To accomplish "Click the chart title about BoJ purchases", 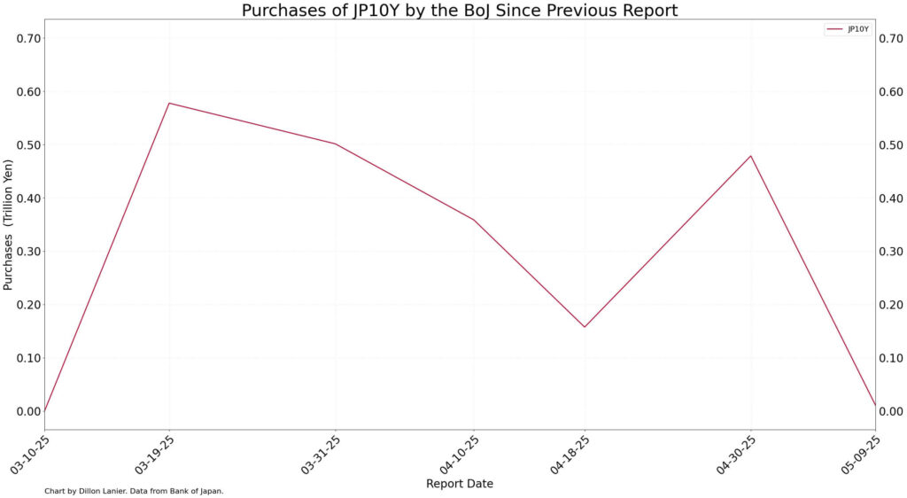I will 460,11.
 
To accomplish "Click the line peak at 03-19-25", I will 169,104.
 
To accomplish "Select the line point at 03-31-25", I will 336,144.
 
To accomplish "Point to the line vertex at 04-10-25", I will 474,220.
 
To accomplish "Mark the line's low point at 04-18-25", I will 585,327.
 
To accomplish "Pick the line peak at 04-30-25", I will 751,156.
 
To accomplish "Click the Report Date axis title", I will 460,484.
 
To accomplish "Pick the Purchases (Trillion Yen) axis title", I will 9,225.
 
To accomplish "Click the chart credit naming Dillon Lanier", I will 134,491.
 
